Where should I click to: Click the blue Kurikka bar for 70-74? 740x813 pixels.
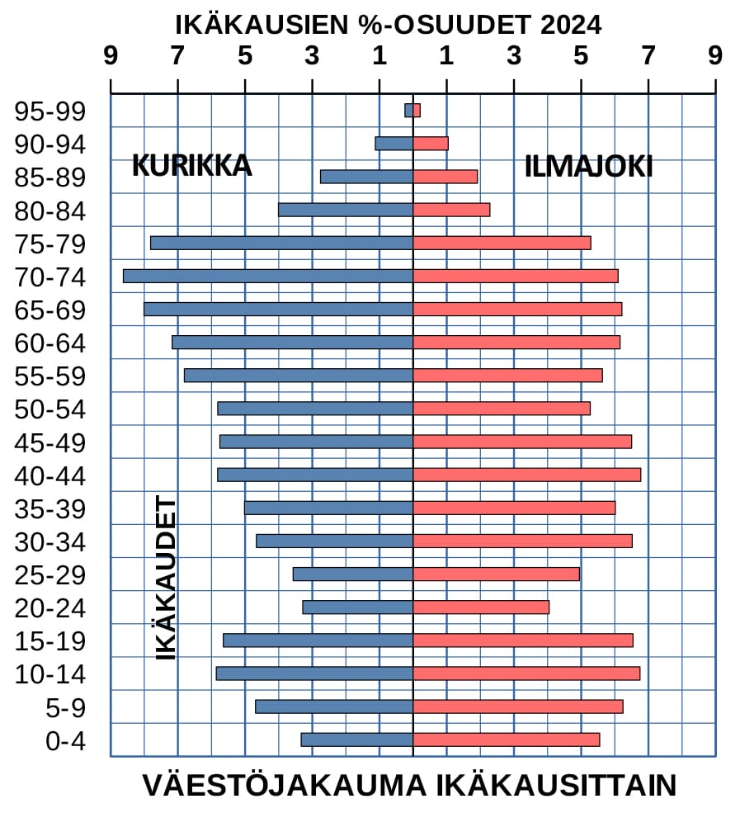click(x=268, y=276)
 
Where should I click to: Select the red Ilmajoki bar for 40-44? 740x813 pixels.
click(x=526, y=475)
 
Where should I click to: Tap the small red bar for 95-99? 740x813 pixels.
click(x=417, y=111)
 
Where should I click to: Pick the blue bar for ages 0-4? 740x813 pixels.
click(x=356, y=740)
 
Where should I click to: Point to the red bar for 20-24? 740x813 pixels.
click(x=481, y=607)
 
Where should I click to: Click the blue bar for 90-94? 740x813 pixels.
click(x=394, y=144)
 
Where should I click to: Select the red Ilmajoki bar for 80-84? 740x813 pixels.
click(x=451, y=210)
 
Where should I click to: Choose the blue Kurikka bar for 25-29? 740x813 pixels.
click(x=352, y=574)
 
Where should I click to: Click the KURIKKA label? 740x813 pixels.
click(x=191, y=166)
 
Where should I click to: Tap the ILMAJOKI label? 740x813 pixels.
click(x=588, y=167)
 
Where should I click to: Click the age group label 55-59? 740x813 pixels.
click(x=50, y=376)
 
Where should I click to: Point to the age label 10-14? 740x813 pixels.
click(x=50, y=675)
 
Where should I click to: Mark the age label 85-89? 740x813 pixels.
click(x=50, y=177)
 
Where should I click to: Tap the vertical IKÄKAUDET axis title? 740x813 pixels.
click(x=167, y=578)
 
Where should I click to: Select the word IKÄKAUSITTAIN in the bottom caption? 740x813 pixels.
click(x=556, y=785)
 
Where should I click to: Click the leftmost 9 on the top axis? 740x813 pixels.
click(x=110, y=55)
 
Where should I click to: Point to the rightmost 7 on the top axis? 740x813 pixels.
click(x=648, y=55)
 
